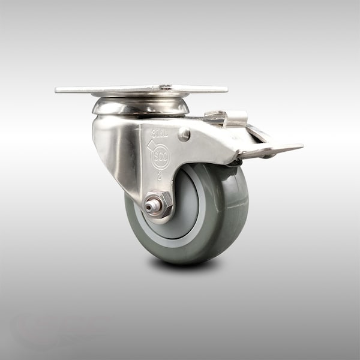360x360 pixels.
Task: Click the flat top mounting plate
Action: tap(120, 90)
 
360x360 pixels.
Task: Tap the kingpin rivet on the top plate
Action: tap(164, 88)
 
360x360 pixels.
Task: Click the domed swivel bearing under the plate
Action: tap(140, 106)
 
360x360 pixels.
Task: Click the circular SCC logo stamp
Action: tap(160, 157)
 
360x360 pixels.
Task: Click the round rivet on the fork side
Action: tap(184, 135)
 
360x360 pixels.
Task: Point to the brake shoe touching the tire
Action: tap(237, 161)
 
